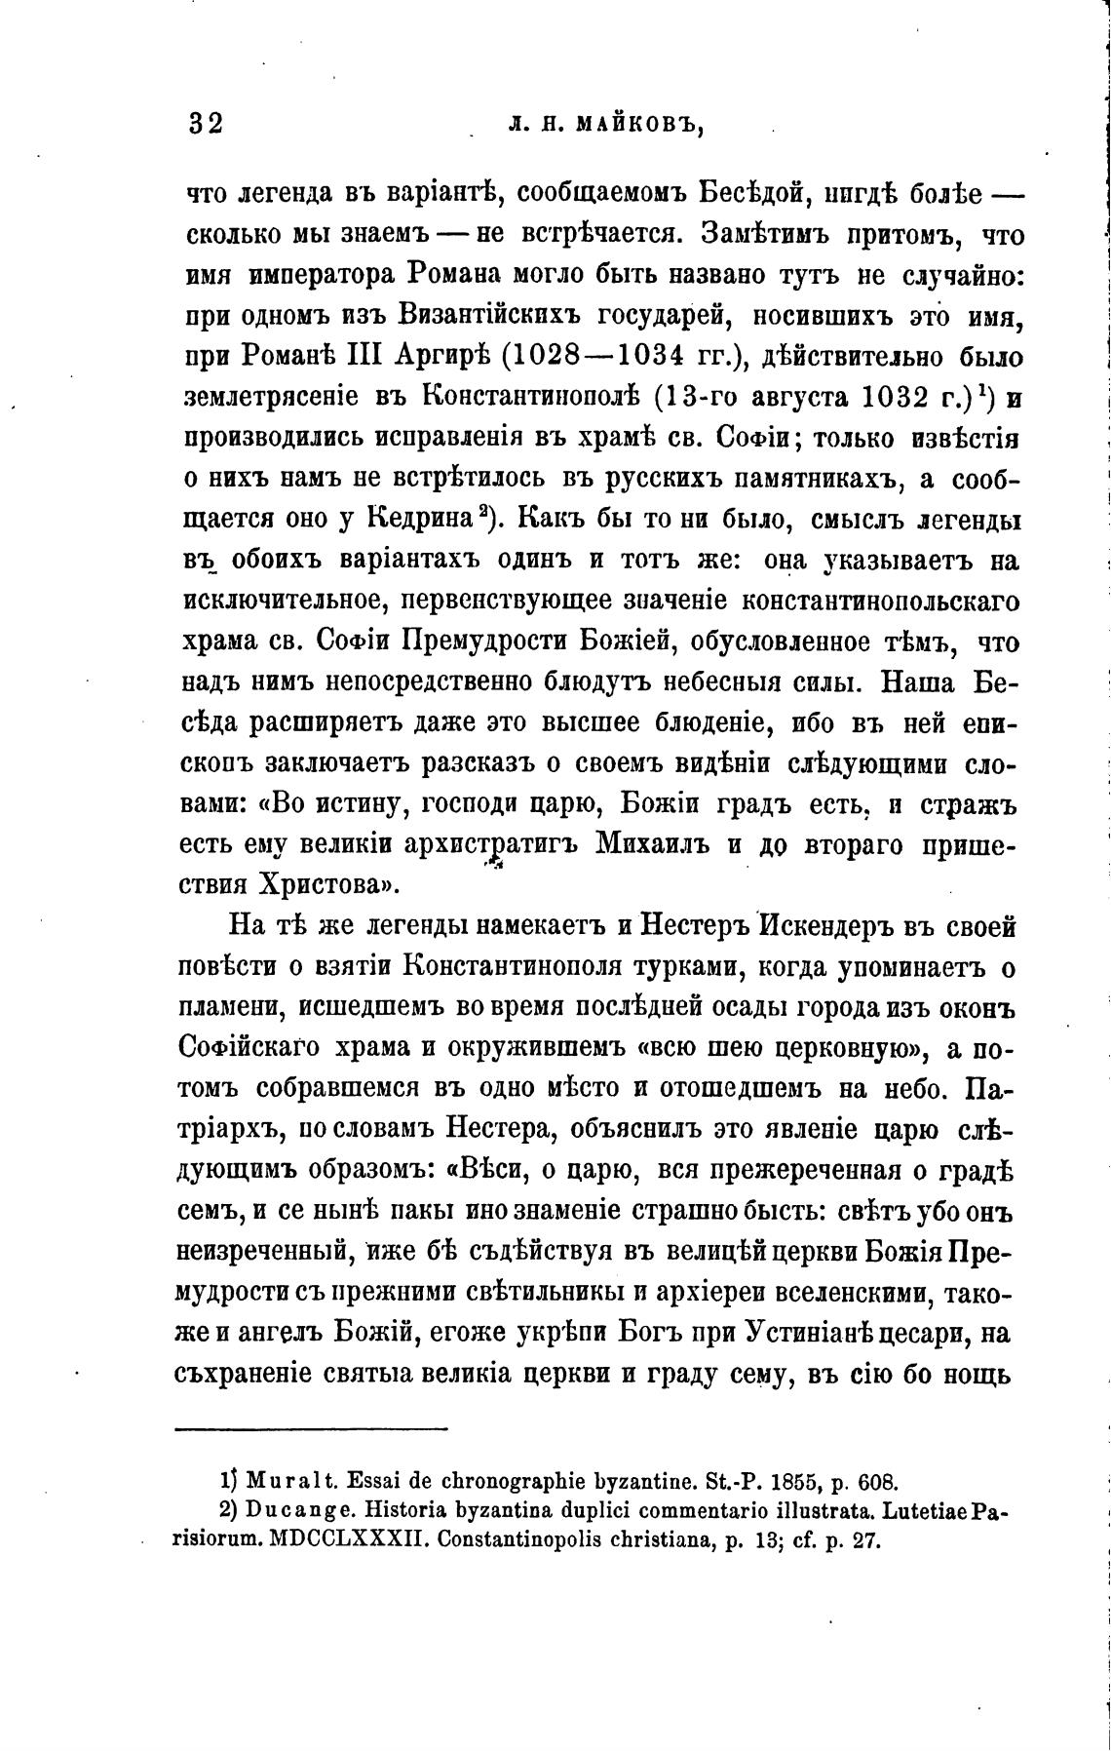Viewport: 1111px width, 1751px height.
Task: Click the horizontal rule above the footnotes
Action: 312,1429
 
